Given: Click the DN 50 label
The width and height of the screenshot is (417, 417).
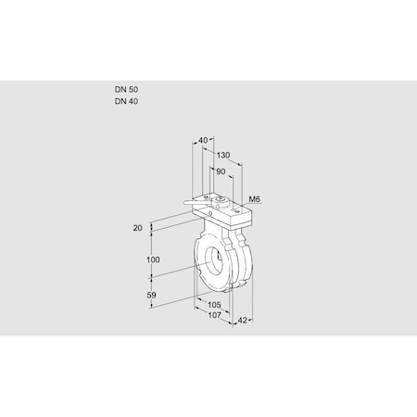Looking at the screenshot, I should tap(126, 89).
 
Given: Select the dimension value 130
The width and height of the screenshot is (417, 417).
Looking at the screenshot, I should tap(222, 156).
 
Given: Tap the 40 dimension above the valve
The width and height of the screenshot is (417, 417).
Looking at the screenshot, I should tap(204, 141).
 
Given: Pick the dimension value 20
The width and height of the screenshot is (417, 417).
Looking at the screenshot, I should tap(139, 227).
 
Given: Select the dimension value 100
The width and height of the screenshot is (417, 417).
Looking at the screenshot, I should tap(153, 260).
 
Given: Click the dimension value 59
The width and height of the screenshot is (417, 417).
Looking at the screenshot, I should tap(153, 296).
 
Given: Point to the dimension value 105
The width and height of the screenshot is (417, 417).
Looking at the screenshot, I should tap(214, 304).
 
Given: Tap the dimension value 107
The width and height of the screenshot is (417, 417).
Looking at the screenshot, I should tap(214, 315).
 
